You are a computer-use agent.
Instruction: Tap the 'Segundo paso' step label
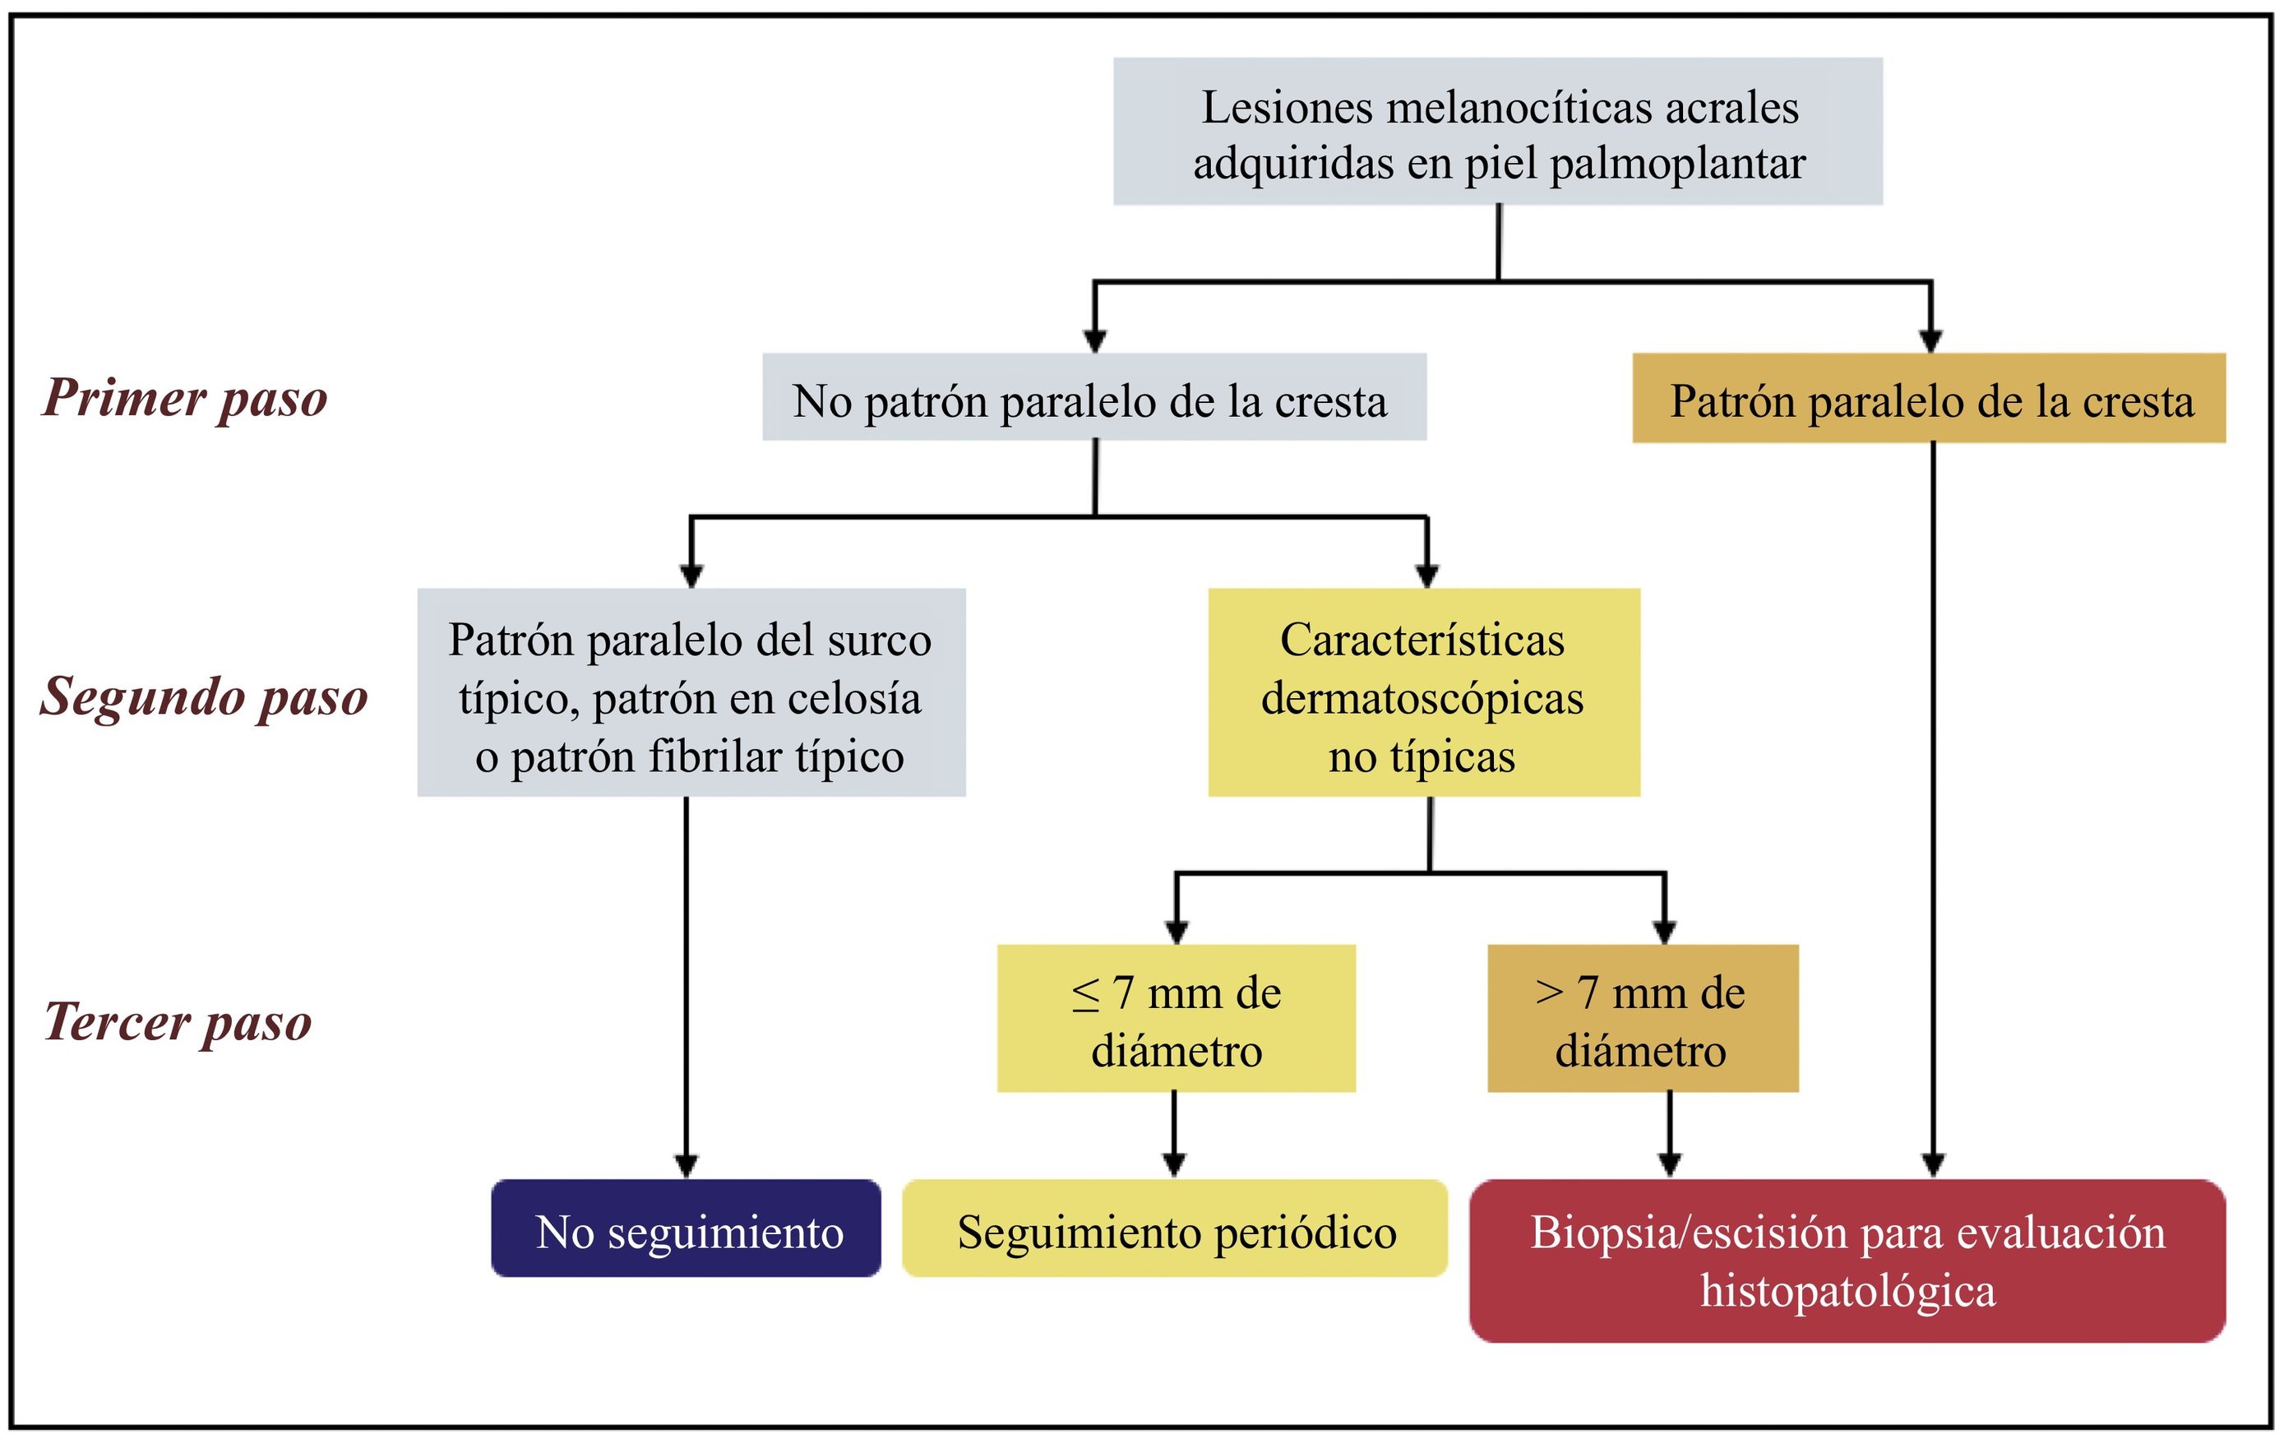click(x=204, y=697)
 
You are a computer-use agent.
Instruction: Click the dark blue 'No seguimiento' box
click(x=686, y=1228)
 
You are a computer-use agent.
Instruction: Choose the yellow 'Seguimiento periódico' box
click(x=1174, y=1228)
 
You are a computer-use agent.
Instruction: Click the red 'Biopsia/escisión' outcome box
click(x=1847, y=1261)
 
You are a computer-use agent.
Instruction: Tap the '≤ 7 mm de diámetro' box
click(x=1177, y=1019)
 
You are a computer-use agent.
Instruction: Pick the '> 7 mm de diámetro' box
click(x=1642, y=1019)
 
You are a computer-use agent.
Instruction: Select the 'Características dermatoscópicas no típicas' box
click(x=1422, y=692)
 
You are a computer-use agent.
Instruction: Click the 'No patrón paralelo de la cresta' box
click(x=1093, y=397)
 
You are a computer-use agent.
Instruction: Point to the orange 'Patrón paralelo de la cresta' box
click(x=1928, y=399)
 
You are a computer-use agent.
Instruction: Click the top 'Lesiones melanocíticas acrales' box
click(x=1498, y=132)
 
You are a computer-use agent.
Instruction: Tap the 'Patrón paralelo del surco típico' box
click(x=691, y=692)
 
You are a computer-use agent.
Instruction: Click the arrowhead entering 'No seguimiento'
click(x=687, y=1166)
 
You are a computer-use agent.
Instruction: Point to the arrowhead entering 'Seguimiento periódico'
click(x=1174, y=1166)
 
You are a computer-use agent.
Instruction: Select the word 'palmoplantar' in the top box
click(x=1677, y=163)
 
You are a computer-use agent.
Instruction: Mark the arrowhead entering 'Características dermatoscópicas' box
click(x=1426, y=576)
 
